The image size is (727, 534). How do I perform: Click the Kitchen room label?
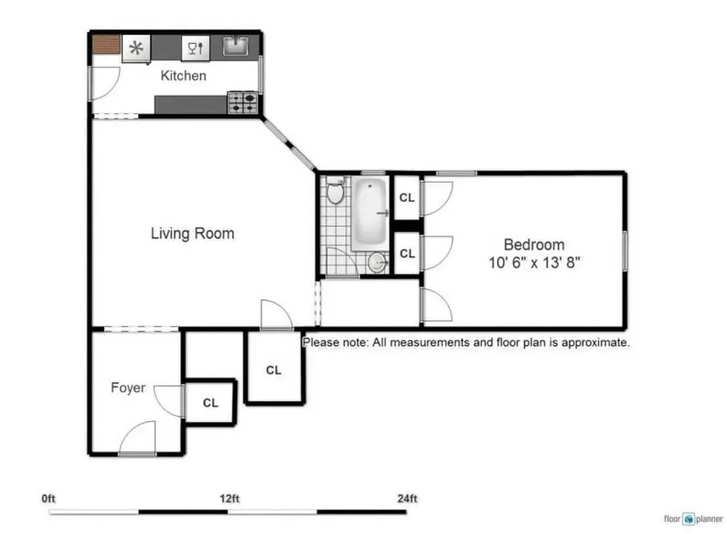(183, 76)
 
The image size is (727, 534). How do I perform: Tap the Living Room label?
(192, 233)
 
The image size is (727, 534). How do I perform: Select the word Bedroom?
(534, 245)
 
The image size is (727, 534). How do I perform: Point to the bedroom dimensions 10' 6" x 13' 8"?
(534, 262)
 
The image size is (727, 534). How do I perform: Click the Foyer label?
(128, 387)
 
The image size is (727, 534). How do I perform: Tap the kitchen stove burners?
(242, 103)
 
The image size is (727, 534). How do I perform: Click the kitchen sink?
(236, 46)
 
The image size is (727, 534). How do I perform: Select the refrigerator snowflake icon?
(136, 47)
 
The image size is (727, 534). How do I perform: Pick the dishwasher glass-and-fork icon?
(195, 47)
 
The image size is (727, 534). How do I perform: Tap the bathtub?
(369, 211)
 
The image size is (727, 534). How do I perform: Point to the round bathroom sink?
(377, 262)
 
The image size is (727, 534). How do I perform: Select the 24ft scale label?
(407, 499)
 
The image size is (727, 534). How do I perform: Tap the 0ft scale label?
(48, 499)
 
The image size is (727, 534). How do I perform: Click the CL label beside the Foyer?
(210, 403)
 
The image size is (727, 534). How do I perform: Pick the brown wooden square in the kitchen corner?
(106, 44)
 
